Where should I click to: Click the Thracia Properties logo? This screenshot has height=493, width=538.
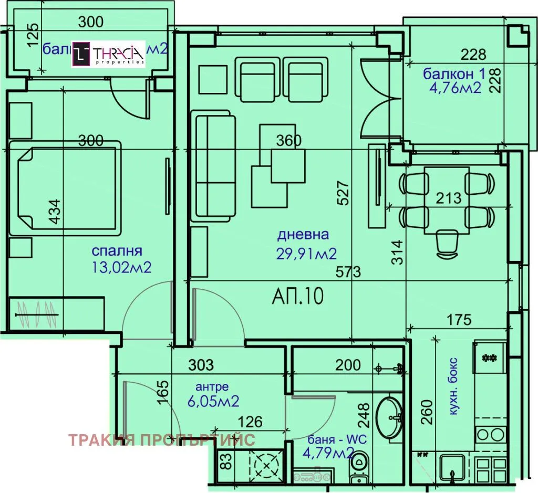click(x=108, y=54)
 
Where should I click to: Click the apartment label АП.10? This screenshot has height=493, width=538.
click(x=297, y=297)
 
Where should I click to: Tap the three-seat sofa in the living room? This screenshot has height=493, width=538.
click(x=212, y=165)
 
